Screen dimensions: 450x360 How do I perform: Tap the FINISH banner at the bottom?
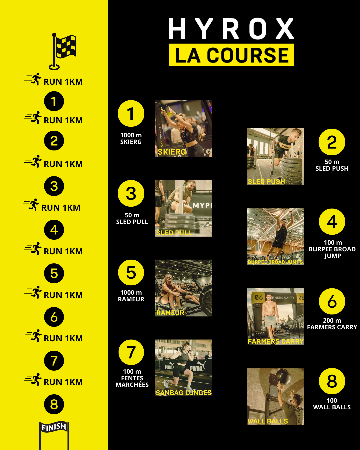[x=54, y=427]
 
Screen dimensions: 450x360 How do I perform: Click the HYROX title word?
[x=231, y=29]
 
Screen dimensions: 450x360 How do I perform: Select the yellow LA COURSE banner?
[x=231, y=55]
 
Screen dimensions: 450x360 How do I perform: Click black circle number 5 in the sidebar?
[x=54, y=273]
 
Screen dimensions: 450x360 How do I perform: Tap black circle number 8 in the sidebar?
[x=54, y=404]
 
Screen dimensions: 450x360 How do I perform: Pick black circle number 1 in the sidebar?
[x=54, y=101]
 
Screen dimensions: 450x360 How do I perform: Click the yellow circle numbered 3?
[x=131, y=193]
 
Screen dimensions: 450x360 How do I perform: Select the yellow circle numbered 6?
[x=332, y=301]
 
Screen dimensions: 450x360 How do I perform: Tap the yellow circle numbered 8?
[x=332, y=381]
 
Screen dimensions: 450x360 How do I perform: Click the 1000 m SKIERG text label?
[x=131, y=139]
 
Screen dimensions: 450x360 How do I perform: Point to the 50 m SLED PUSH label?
[x=332, y=165]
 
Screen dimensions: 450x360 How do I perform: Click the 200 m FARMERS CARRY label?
[x=332, y=324]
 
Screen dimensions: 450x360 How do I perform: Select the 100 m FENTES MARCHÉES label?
[x=132, y=378]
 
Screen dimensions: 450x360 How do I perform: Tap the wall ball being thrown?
[x=281, y=377]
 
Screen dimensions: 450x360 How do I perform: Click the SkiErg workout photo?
[x=183, y=128]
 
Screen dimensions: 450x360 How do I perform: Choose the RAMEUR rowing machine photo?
[x=183, y=288]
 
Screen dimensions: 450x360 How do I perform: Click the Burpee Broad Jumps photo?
[x=275, y=237]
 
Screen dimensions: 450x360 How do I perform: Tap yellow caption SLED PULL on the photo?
[x=174, y=233]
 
